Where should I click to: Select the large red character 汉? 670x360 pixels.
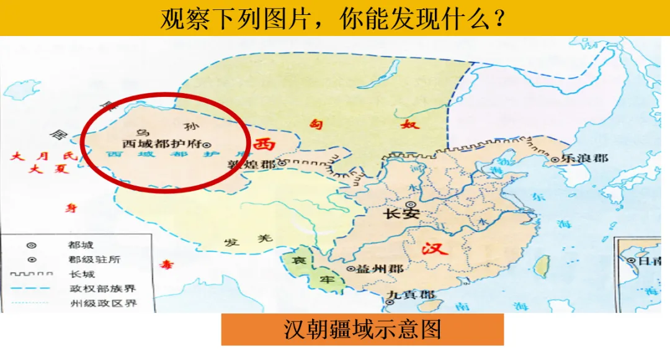coord(434,249)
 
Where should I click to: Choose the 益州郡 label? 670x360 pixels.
coord(380,269)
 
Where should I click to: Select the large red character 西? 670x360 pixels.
coord(264,145)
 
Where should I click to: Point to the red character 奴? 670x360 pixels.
coord(411,124)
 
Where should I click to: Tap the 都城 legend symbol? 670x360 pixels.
coord(31,245)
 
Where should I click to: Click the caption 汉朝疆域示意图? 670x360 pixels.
coord(362,329)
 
